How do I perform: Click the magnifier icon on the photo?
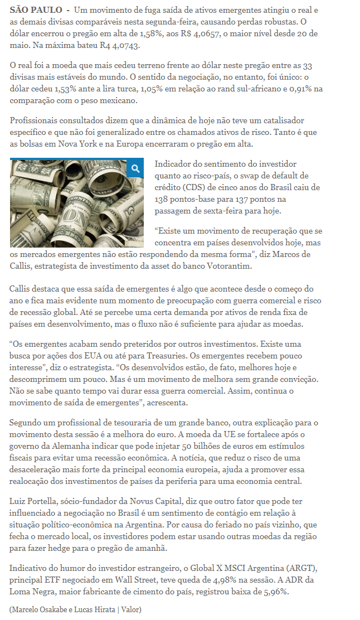[135, 168]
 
